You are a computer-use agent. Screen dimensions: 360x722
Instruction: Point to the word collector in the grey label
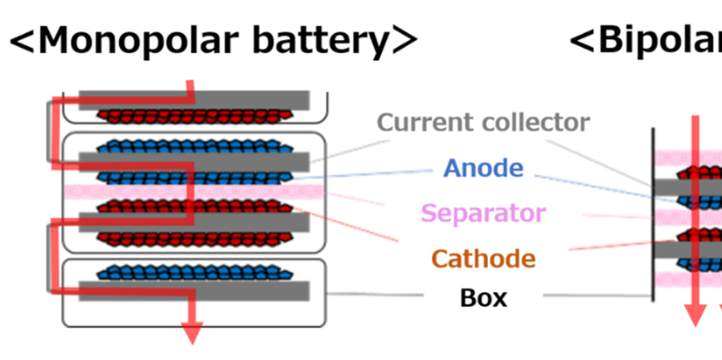pyautogui.click(x=536, y=122)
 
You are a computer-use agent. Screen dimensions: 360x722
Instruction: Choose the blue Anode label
pyautogui.click(x=483, y=168)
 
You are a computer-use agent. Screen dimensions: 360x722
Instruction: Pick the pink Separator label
pyautogui.click(x=483, y=213)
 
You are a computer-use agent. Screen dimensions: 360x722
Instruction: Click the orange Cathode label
pyautogui.click(x=483, y=259)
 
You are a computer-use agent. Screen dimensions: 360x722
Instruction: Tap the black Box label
pyautogui.click(x=483, y=298)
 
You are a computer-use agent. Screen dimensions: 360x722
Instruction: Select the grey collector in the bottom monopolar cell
pyautogui.click(x=252, y=291)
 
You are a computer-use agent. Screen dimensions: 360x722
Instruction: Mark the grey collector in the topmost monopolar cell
pyautogui.click(x=252, y=100)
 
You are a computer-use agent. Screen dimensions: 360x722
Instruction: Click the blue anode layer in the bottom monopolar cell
pyautogui.click(x=195, y=272)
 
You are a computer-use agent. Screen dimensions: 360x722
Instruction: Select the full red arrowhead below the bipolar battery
pyautogui.click(x=695, y=314)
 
